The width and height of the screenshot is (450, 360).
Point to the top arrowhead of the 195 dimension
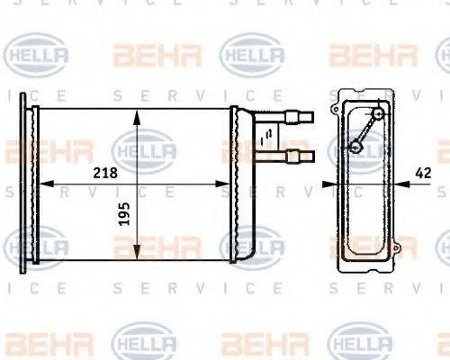(x=136, y=115)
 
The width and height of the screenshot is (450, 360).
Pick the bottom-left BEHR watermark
(x=37, y=343)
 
